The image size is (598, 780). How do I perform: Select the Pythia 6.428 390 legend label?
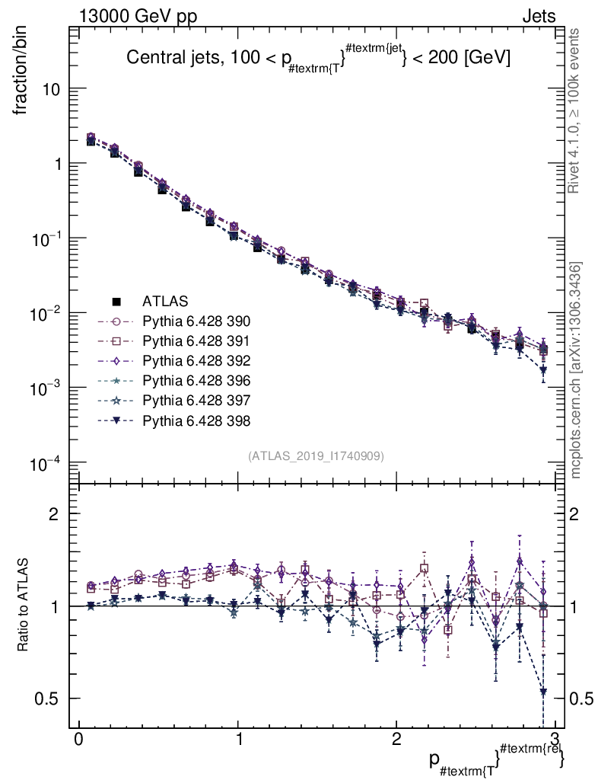pos(196,321)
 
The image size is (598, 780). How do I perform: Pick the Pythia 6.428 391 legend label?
pos(196,340)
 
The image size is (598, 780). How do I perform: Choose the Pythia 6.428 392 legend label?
pos(196,360)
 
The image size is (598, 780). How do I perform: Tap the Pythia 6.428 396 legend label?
pos(196,380)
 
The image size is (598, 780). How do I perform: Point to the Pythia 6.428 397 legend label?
pos(196,400)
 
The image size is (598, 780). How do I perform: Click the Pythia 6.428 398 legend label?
pos(196,420)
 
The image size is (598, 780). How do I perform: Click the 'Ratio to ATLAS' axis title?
pos(23,606)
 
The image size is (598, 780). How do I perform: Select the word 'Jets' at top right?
pos(539,16)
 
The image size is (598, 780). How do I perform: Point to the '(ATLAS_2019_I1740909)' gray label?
pos(316,456)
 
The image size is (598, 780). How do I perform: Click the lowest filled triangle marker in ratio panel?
pos(543,692)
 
